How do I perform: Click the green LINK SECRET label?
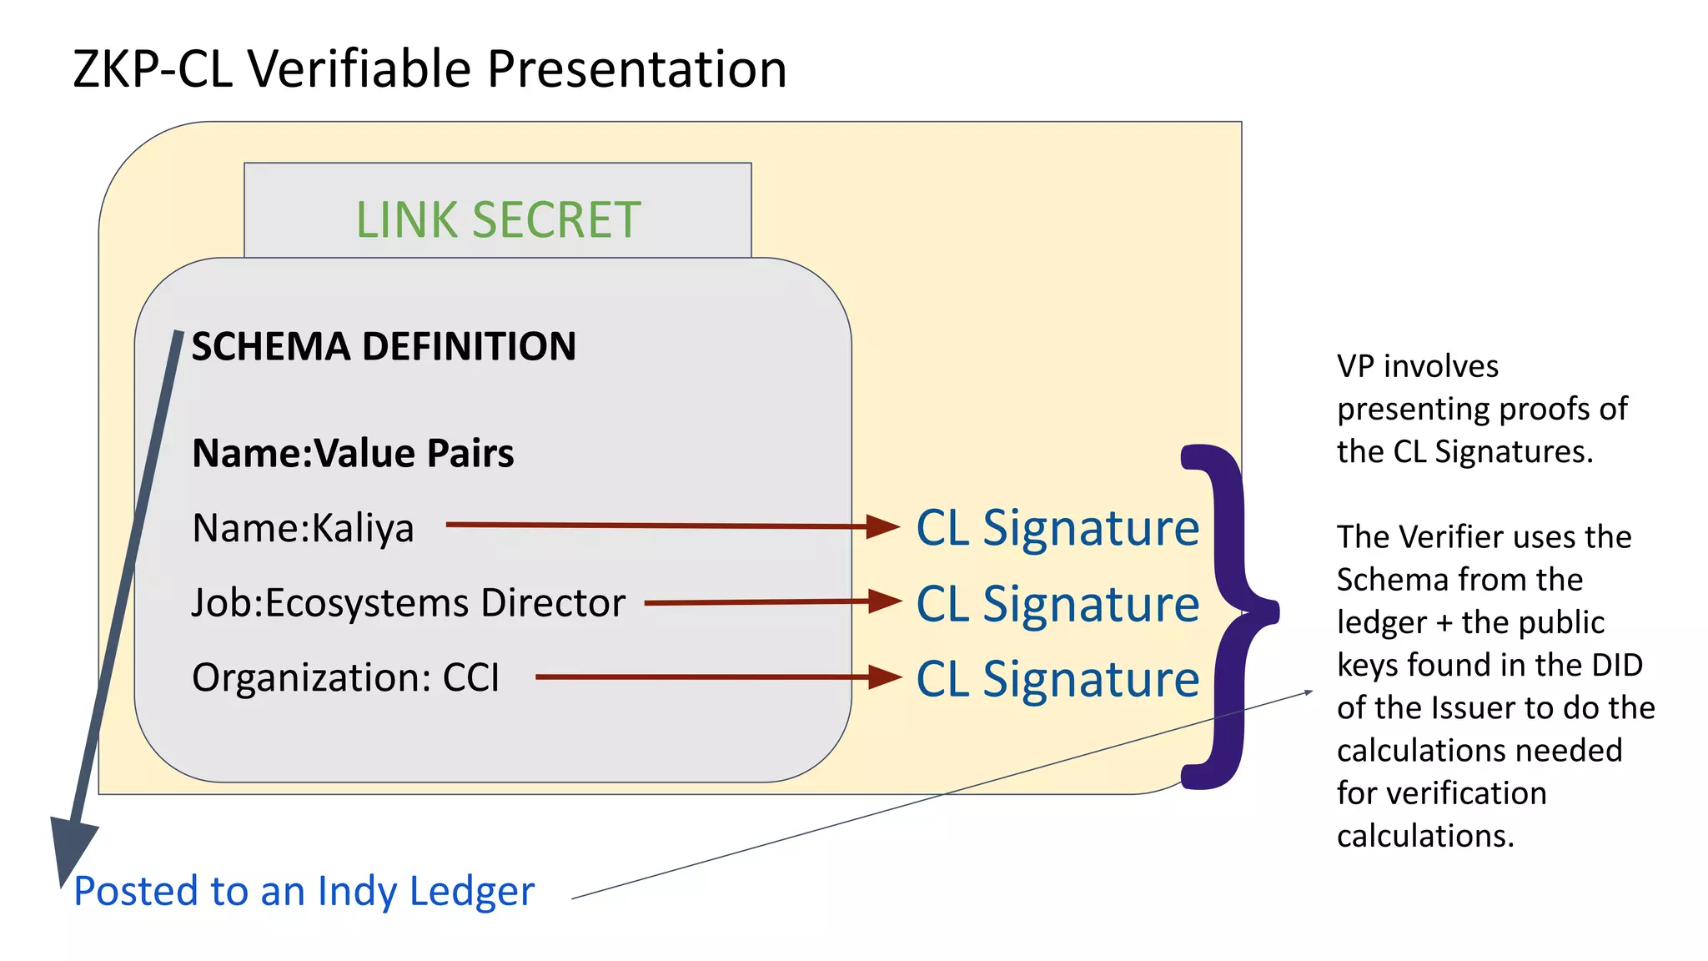(x=498, y=220)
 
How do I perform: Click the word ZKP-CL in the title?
(x=153, y=69)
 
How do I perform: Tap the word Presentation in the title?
(x=636, y=69)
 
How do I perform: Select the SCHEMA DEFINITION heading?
(x=384, y=346)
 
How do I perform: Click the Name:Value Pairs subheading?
(x=353, y=454)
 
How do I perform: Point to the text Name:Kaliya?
(x=303, y=528)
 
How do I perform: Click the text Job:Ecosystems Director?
(x=408, y=603)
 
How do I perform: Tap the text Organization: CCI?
(x=345, y=677)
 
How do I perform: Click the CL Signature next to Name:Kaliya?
(x=1057, y=528)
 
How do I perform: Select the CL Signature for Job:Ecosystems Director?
(x=1057, y=603)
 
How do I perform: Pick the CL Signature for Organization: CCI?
(x=1057, y=678)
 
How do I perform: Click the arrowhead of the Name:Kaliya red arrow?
(x=882, y=526)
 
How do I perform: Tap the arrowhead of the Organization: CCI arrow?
(x=884, y=677)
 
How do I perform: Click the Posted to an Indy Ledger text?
(x=304, y=891)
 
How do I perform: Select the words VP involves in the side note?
(x=1417, y=366)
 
